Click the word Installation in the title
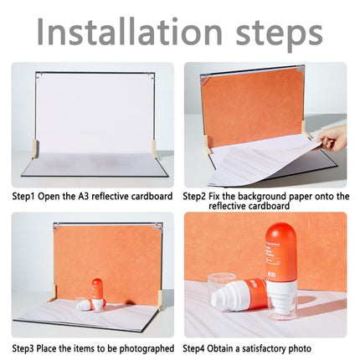click(x=130, y=31)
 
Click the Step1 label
click(x=23, y=197)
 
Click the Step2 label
click(x=194, y=197)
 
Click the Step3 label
click(x=23, y=348)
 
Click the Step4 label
click(x=194, y=348)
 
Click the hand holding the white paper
click(x=332, y=138)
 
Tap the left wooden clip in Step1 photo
click(x=35, y=149)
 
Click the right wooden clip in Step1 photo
click(x=154, y=150)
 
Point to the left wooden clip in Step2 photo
click(x=207, y=144)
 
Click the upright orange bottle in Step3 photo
click(x=97, y=294)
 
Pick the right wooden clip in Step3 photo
click(x=160, y=300)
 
